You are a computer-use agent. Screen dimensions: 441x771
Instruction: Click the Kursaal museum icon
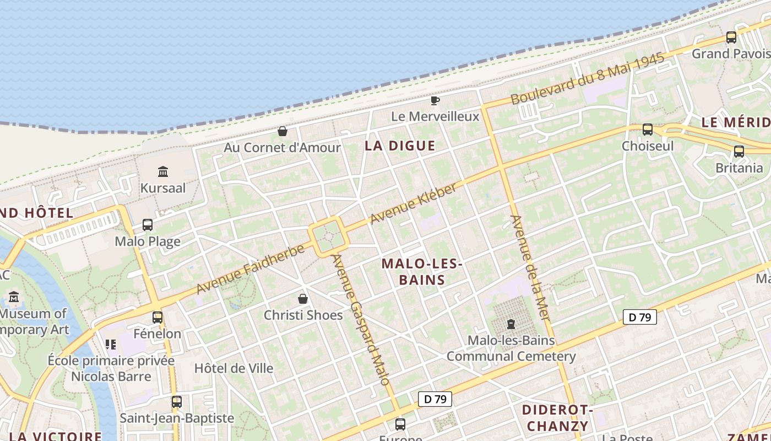pos(163,172)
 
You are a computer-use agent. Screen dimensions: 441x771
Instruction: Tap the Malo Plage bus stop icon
pos(148,225)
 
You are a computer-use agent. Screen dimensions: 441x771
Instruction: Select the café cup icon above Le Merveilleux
pos(435,100)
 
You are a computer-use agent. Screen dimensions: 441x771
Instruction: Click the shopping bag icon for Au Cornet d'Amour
pos(283,131)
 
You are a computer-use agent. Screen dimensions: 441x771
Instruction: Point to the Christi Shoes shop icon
pos(303,299)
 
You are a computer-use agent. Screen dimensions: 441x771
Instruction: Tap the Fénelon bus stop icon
pos(158,318)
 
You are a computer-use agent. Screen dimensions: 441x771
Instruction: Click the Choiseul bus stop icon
pos(648,130)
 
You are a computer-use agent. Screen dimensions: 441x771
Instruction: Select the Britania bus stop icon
pos(739,152)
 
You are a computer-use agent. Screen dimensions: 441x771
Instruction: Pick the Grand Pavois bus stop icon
pos(731,37)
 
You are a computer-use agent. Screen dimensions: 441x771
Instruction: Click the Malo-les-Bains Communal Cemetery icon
pos(511,324)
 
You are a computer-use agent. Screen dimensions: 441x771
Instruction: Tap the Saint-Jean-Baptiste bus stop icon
pos(177,402)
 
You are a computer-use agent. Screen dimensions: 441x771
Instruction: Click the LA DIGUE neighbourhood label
pos(400,146)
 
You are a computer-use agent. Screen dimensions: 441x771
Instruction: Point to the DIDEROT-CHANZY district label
pos(557,418)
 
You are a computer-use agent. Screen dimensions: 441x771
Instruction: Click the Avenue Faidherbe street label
pos(251,270)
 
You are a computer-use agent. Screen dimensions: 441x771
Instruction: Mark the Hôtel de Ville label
pos(234,368)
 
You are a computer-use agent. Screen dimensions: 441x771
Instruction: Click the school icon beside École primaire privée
pos(111,345)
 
